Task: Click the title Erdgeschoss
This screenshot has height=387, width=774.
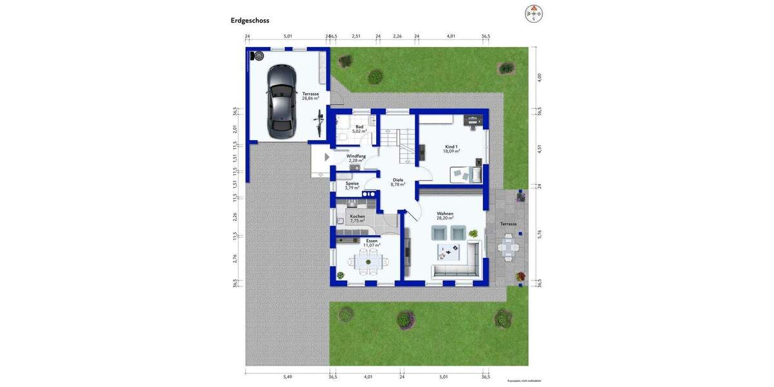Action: pos(250,21)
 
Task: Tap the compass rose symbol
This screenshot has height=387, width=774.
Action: pos(533,14)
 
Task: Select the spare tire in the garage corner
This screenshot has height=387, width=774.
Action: pos(259,56)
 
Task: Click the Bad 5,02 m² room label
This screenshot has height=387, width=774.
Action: pos(359,129)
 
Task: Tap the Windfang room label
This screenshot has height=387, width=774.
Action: pos(356,158)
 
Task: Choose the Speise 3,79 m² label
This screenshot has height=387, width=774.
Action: pos(352,186)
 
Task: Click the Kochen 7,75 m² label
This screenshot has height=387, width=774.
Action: pos(357,219)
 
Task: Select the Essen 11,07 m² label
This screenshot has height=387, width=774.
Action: pos(372,243)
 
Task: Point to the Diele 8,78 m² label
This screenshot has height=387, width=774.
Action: pos(398,183)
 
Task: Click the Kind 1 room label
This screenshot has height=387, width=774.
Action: pos(451,149)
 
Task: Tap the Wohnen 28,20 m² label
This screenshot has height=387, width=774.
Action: pos(445,216)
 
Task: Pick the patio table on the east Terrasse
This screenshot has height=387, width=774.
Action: pos(509,247)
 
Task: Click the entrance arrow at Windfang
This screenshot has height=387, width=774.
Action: pos(327,157)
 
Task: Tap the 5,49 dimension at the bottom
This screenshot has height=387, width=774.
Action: pos(288,377)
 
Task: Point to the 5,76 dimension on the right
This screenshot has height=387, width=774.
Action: pos(540,235)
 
